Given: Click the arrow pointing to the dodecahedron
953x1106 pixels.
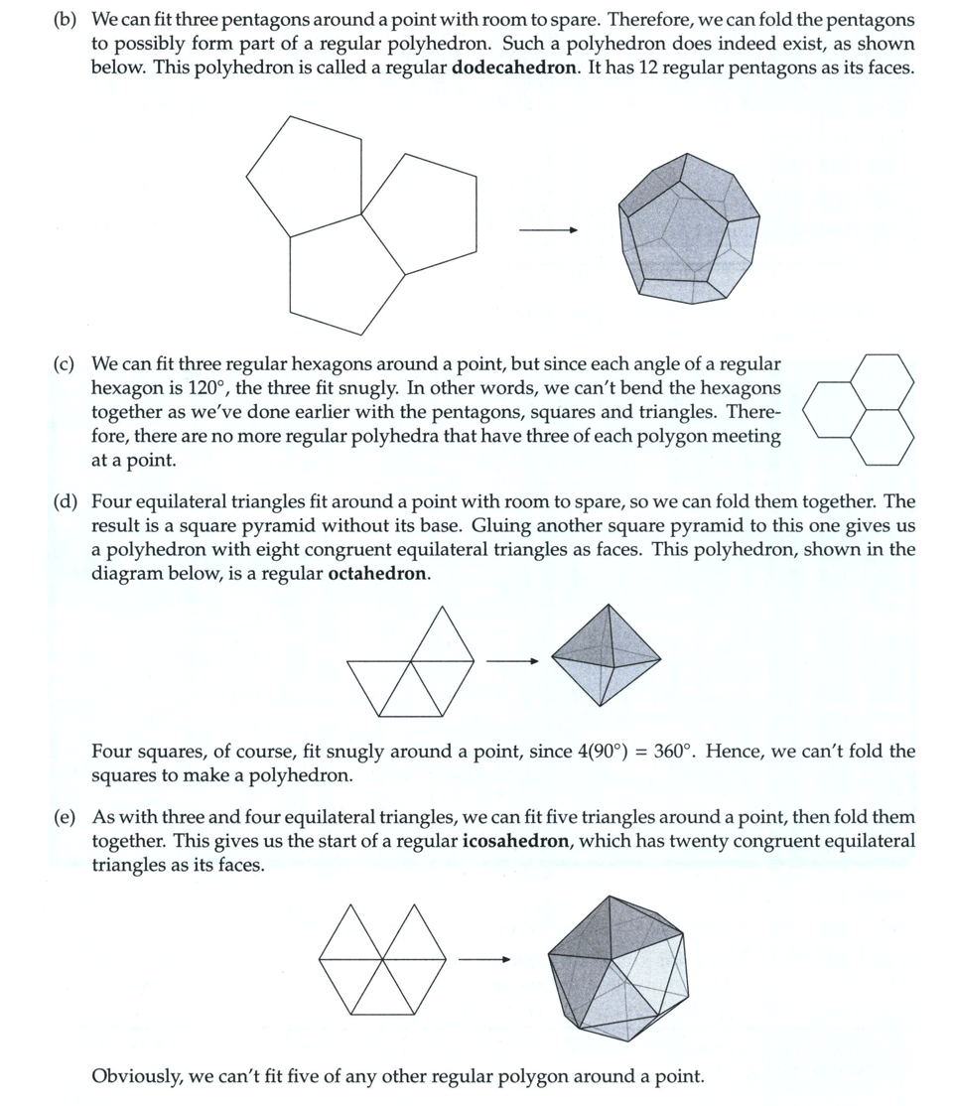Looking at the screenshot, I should [x=547, y=231].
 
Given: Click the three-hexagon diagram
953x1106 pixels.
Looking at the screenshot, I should [x=859, y=409].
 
